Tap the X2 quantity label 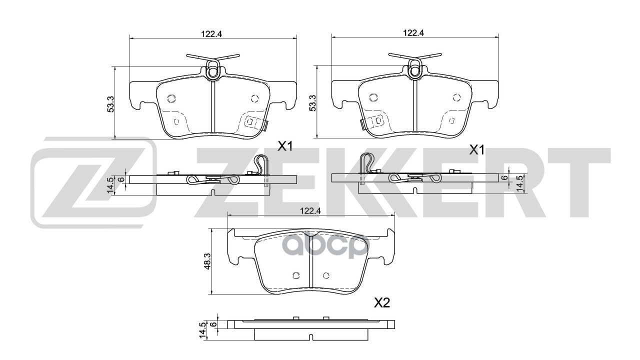[x=382, y=302]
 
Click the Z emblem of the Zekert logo [x=92, y=182]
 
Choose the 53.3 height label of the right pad [x=313, y=102]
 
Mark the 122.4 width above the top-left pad [x=211, y=33]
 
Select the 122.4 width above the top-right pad [x=414, y=33]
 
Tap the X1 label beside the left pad [x=285, y=146]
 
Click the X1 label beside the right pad [x=476, y=149]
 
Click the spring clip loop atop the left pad [x=212, y=71]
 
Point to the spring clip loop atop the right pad [x=414, y=71]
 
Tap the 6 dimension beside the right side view [x=505, y=177]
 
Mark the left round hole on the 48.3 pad [x=294, y=274]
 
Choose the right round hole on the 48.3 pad [x=326, y=274]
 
